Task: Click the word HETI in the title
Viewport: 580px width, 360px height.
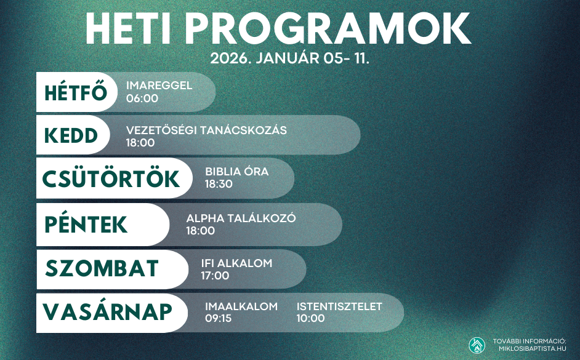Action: click(128, 29)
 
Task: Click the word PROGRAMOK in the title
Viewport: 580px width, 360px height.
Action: click(328, 29)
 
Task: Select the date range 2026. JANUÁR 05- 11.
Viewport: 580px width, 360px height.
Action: click(289, 58)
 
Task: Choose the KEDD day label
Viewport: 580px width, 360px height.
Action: click(71, 135)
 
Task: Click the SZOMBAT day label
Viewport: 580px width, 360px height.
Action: click(102, 268)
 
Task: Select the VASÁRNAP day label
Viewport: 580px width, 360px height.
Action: click(107, 311)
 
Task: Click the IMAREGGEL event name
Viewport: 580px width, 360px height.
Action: click(159, 86)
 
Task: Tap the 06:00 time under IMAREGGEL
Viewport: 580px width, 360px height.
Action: click(142, 98)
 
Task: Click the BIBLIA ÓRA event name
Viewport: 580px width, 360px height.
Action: click(236, 172)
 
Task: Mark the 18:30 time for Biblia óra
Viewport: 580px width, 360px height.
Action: click(219, 184)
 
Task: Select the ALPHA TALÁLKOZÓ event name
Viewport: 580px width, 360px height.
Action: click(241, 218)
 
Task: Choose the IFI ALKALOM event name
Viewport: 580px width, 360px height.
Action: click(236, 263)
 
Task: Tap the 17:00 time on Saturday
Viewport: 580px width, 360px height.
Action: click(215, 275)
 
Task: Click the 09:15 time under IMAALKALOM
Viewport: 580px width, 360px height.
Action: click(218, 318)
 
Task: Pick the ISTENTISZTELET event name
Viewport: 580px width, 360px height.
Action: click(339, 306)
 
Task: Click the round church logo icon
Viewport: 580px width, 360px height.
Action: click(477, 345)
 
